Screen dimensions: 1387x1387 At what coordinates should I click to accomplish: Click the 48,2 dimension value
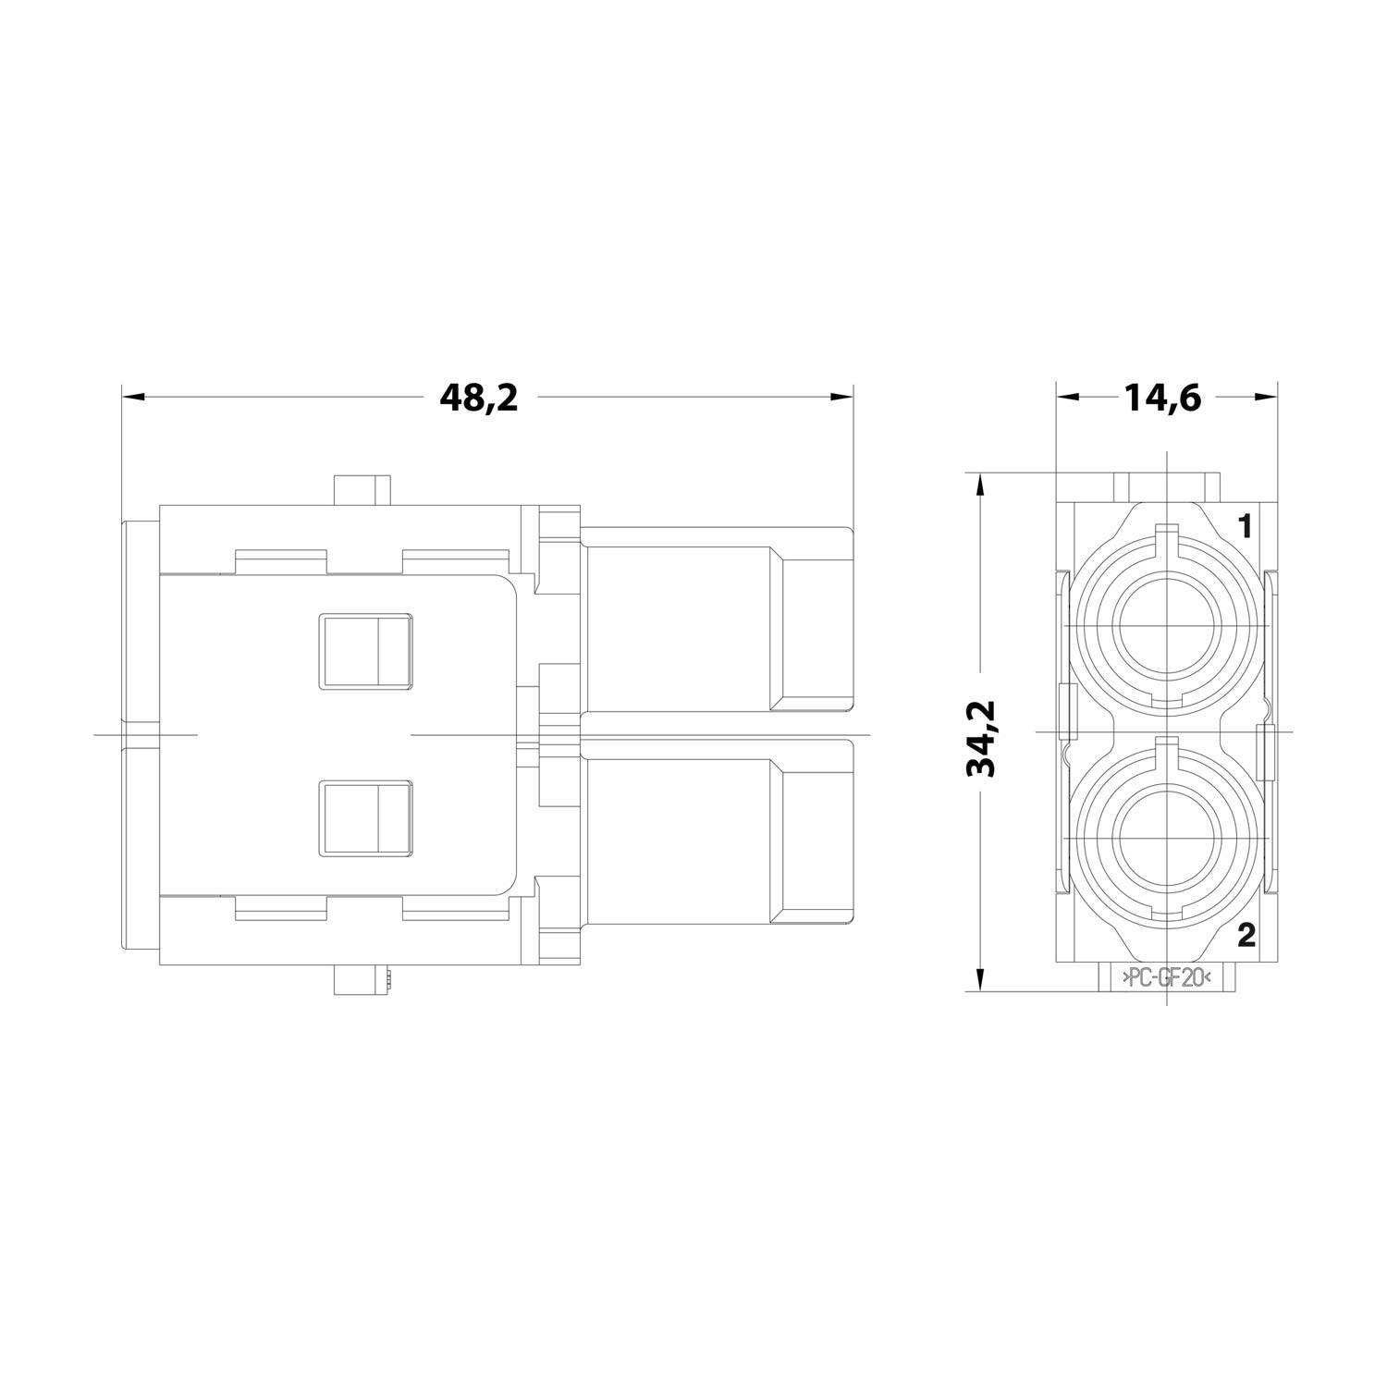(x=478, y=398)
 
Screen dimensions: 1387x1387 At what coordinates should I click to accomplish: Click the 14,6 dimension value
(x=1162, y=398)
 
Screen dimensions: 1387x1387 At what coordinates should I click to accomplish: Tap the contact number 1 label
(x=1245, y=527)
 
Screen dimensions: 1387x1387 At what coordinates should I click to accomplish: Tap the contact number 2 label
(x=1246, y=937)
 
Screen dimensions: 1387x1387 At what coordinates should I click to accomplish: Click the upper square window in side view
(x=364, y=652)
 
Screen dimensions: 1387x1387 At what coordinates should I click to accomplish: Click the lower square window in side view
(x=364, y=818)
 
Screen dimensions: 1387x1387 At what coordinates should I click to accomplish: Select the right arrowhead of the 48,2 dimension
(x=841, y=398)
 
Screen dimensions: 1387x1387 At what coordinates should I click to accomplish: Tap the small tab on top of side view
(x=362, y=489)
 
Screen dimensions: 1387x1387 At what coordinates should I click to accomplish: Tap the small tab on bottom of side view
(x=362, y=981)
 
